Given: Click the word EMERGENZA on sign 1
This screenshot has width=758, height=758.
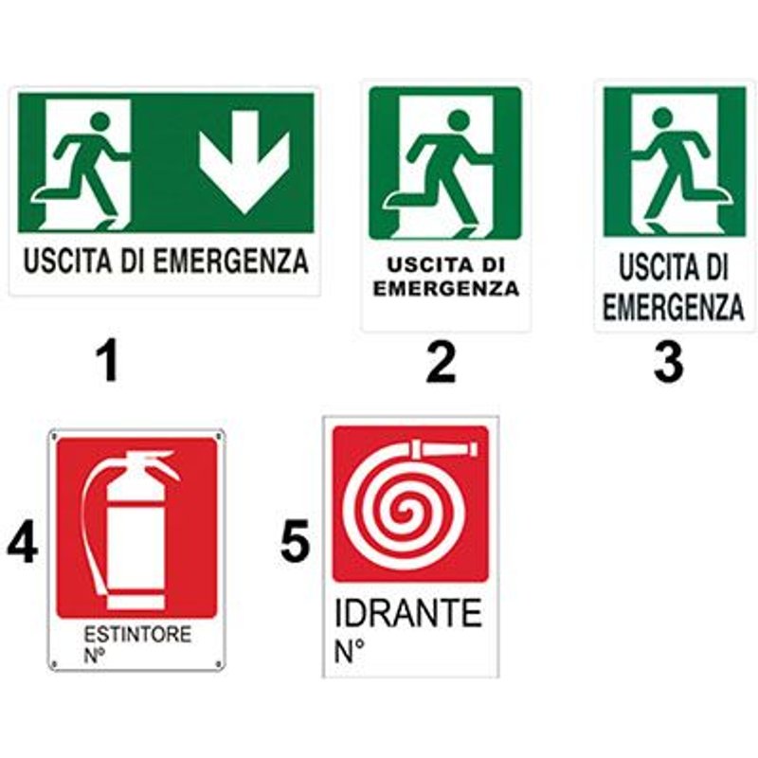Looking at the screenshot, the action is click(x=230, y=262).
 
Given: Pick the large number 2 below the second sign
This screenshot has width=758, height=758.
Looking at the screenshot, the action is click(x=441, y=363).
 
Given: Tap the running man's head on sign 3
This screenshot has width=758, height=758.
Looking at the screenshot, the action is click(x=661, y=117).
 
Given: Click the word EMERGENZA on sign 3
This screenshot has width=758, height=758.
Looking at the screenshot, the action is click(x=673, y=306).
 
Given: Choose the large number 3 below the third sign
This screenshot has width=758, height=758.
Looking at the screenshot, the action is click(x=668, y=363).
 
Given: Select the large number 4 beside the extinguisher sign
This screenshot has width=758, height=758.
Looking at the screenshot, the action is click(x=22, y=545).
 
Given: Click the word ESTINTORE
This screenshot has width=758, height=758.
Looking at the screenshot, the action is click(x=137, y=634).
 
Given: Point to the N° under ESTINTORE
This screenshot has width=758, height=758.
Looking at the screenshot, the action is click(x=95, y=656).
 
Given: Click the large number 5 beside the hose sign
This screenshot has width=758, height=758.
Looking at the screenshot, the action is click(x=295, y=543).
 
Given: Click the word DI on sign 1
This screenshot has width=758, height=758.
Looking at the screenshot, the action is click(x=133, y=262).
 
